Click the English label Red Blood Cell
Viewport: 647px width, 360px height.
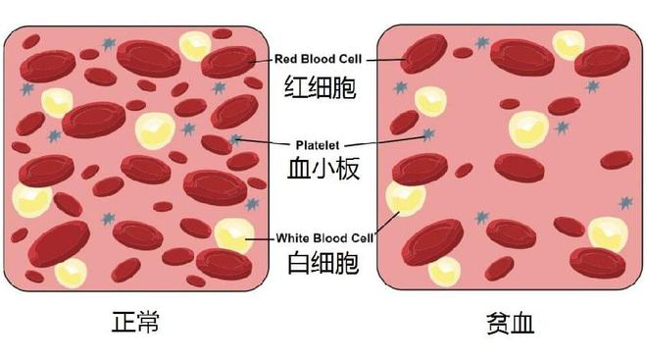click(323, 60)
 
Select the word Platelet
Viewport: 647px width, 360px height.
click(323, 141)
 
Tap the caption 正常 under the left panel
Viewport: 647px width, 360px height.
click(136, 323)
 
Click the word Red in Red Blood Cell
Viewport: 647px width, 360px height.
click(285, 60)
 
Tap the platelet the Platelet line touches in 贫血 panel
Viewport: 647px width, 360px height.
click(426, 132)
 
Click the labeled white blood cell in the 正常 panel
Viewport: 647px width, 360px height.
click(233, 235)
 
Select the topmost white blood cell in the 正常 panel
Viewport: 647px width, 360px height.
click(194, 45)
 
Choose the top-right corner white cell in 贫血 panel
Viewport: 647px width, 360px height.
click(568, 43)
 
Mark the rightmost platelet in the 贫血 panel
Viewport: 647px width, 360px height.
click(624, 203)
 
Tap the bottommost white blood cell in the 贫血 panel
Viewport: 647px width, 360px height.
click(444, 270)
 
